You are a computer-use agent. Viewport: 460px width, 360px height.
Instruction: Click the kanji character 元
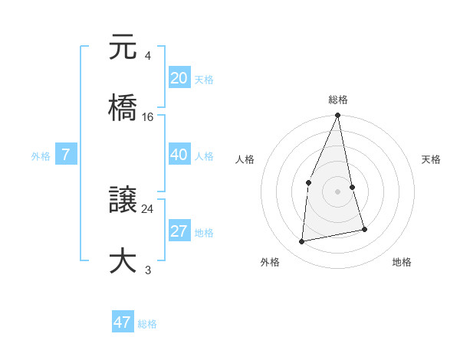[123, 47]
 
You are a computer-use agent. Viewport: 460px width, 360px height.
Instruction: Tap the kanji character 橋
[123, 106]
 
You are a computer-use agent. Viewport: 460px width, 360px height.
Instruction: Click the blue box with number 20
[179, 77]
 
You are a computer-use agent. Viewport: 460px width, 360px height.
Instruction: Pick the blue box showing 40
[179, 155]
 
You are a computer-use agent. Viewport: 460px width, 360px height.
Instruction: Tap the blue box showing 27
[179, 231]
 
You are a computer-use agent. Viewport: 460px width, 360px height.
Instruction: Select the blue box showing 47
[123, 322]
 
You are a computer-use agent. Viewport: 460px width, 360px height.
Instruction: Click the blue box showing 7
[66, 155]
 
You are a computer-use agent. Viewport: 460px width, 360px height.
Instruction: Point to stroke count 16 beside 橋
[148, 116]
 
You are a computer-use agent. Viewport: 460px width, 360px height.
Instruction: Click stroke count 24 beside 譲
[148, 208]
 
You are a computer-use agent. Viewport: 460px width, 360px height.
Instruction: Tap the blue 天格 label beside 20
[204, 80]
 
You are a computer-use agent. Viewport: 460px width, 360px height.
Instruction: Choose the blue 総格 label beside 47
[147, 324]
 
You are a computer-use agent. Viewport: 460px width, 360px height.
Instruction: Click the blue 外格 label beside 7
[41, 156]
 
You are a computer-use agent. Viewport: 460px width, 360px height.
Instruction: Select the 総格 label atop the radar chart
[338, 100]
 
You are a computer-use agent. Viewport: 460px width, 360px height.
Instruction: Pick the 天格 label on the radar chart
[432, 159]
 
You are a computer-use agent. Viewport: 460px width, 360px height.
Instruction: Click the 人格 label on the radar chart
[245, 159]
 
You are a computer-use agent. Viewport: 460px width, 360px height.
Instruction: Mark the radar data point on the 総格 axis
[337, 116]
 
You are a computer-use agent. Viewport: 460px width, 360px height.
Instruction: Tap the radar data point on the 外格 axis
[302, 242]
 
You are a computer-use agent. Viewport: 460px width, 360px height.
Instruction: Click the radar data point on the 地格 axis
[364, 229]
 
